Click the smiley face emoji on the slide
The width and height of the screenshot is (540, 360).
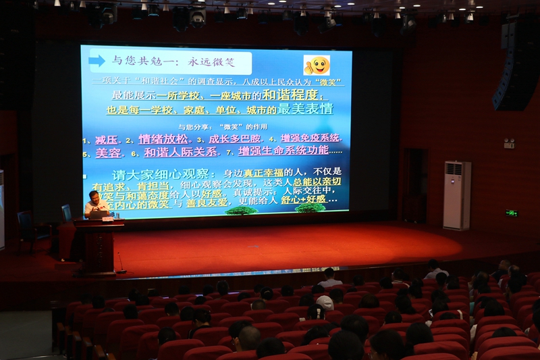317,65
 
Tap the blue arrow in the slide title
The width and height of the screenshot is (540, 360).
97,61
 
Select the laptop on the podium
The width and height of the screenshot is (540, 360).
99,214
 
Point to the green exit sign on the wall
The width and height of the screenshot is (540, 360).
511,213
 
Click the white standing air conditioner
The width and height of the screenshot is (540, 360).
457,195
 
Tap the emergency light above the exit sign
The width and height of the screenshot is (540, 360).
509,143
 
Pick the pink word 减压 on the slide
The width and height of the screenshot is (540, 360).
106,140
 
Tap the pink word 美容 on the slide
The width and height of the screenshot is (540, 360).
108,153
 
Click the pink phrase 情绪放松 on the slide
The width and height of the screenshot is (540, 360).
163,139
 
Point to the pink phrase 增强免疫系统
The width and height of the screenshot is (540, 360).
310,138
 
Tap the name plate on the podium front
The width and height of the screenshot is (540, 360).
107,220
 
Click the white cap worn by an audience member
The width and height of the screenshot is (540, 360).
325,302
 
